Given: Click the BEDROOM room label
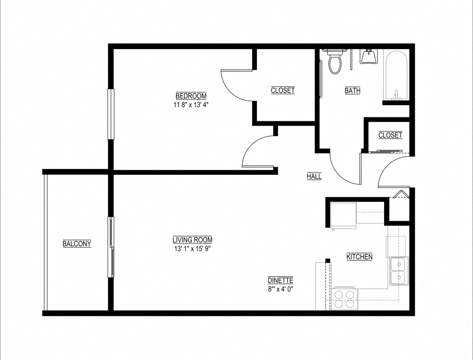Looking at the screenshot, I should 191,96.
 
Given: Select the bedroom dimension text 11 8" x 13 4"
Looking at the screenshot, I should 191,105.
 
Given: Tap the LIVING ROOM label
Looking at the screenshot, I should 192,240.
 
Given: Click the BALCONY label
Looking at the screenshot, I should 77,244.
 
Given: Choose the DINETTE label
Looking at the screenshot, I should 280,280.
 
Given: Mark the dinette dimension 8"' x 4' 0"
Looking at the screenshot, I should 280,289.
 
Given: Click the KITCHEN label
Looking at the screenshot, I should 359,257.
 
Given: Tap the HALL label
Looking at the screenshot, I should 314,176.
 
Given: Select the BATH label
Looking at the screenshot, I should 352,91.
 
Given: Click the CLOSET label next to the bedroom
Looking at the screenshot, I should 282,91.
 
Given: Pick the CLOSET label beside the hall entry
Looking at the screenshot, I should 390,135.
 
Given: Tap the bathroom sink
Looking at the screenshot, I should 369,56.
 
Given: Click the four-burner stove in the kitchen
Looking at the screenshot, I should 344,299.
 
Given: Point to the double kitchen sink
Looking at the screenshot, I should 398,271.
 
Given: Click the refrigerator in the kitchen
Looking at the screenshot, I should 343,215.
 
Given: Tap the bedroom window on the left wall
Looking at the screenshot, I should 111,114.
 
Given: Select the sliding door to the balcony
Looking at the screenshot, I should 111,247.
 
